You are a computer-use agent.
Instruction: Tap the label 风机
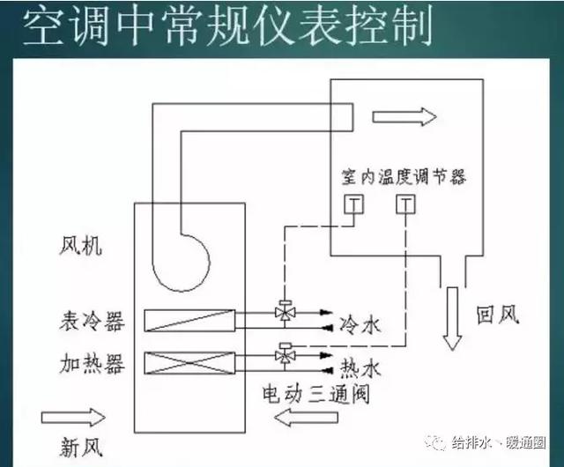click(x=80, y=246)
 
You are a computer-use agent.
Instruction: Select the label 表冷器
click(x=92, y=321)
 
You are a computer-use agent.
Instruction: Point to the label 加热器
click(x=92, y=363)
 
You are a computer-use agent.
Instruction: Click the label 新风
click(x=81, y=447)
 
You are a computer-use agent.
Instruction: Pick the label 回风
click(x=498, y=315)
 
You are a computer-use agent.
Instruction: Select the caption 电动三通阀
click(x=316, y=394)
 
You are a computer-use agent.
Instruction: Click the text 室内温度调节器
click(x=404, y=176)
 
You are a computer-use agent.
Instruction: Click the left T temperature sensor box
click(x=353, y=204)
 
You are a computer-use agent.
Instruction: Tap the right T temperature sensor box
click(x=405, y=204)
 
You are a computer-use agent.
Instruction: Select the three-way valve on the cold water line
click(x=285, y=312)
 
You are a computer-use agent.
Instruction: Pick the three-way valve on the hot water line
click(x=285, y=354)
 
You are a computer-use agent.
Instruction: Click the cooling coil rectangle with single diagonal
click(x=190, y=320)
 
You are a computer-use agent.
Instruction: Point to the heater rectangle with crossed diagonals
click(x=190, y=363)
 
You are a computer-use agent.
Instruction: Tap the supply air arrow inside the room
click(x=404, y=117)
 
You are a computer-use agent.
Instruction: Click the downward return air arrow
click(x=452, y=318)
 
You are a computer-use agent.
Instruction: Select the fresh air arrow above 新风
click(x=73, y=418)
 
